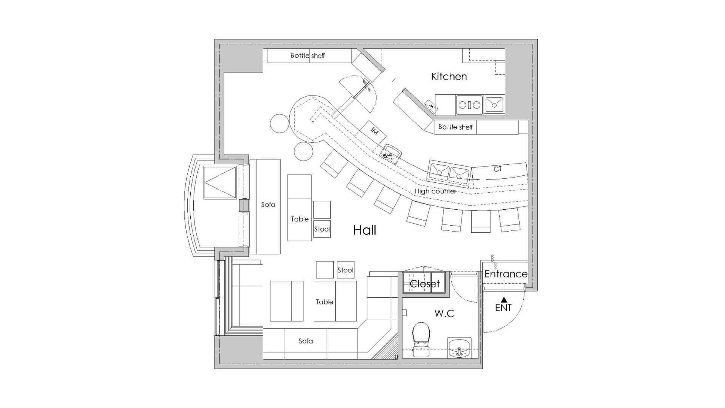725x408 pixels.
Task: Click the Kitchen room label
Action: click(449, 76)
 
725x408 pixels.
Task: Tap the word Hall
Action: click(365, 230)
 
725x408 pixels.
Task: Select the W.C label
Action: click(444, 313)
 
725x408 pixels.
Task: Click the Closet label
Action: click(425, 284)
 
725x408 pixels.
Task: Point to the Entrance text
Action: click(506, 274)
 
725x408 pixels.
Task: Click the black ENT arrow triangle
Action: click(503, 300)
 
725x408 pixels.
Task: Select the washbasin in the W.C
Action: click(460, 348)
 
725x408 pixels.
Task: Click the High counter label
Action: click(435, 191)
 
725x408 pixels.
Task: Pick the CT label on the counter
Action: click(498, 169)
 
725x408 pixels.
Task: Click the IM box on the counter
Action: click(374, 131)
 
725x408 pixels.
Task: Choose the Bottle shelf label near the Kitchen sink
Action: click(455, 127)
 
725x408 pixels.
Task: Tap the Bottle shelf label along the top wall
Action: click(308, 56)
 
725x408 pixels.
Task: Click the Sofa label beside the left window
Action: click(268, 205)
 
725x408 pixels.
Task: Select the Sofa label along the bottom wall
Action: click(305, 341)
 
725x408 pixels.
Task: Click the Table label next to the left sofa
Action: click(300, 219)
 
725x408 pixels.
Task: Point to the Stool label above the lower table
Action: click(346, 270)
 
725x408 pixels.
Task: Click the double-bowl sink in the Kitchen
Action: click(469, 105)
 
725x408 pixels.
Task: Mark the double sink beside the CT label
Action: click(449, 173)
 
